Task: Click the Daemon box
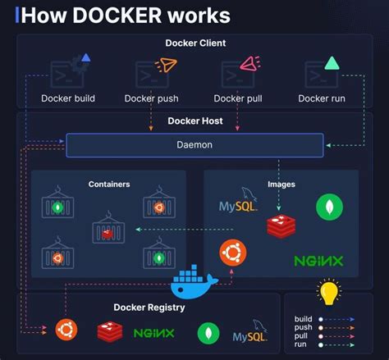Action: [194, 145]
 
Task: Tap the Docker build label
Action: [68, 99]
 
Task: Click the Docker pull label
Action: [240, 99]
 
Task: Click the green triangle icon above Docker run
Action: [332, 62]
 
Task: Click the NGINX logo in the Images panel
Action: [318, 262]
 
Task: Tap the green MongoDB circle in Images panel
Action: [330, 207]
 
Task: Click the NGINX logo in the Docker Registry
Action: [154, 333]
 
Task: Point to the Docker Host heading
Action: [194, 121]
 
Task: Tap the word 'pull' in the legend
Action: [301, 336]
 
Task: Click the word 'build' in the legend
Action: [304, 318]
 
